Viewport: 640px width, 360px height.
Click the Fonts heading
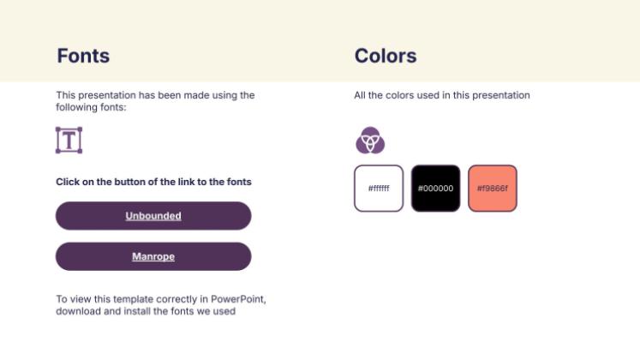pyautogui.click(x=83, y=57)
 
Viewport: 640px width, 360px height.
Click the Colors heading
pyautogui.click(x=386, y=57)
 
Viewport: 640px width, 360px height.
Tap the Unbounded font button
pyautogui.click(x=153, y=216)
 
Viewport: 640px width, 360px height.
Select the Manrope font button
pyautogui.click(x=153, y=256)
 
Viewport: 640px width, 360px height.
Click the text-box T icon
pyautogui.click(x=69, y=141)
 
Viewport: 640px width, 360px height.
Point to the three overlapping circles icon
pyautogui.click(x=370, y=140)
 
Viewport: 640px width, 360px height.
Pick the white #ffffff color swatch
pyautogui.click(x=379, y=188)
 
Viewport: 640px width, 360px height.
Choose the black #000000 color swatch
pyautogui.click(x=435, y=188)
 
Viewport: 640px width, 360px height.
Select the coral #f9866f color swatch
pyautogui.click(x=493, y=188)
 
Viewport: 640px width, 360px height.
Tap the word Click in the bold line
pyautogui.click(x=68, y=182)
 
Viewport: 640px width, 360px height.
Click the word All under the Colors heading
pyautogui.click(x=360, y=95)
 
